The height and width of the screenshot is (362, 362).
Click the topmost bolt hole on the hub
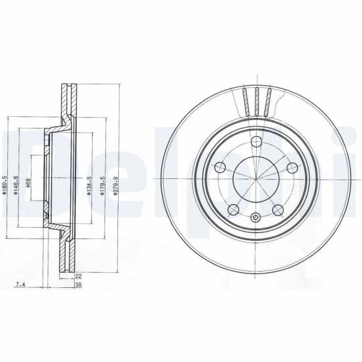(255, 142)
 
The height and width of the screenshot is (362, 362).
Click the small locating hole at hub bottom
(255, 217)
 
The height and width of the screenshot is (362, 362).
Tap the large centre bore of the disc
(255, 179)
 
